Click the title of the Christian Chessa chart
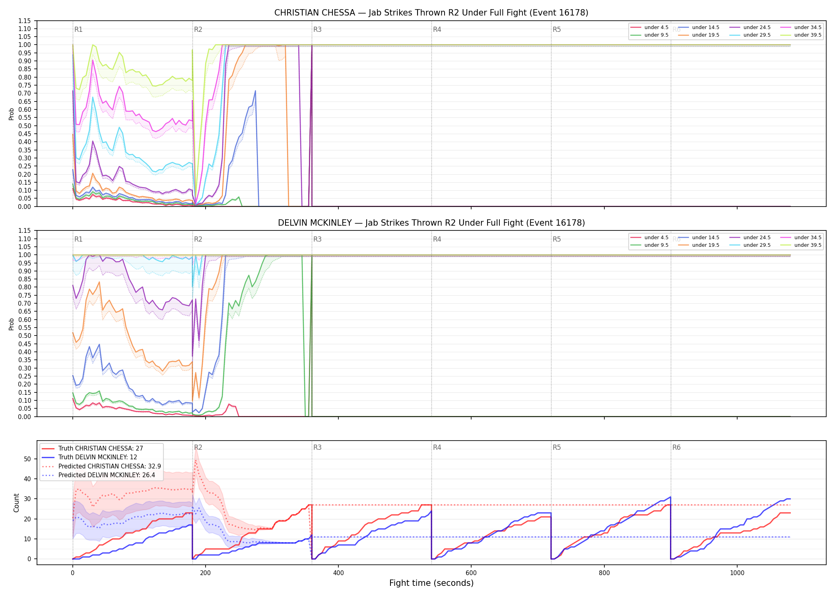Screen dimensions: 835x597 (x=431, y=13)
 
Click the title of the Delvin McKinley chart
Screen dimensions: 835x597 (x=431, y=223)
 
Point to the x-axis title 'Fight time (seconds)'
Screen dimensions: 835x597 (x=431, y=583)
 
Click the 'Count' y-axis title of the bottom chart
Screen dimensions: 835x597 (x=16, y=503)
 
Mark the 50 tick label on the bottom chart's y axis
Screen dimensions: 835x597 (x=27, y=459)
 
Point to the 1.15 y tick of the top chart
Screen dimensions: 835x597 (x=25, y=21)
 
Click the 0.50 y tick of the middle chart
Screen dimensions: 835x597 (x=25, y=336)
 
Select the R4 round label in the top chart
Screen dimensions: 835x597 (x=437, y=29)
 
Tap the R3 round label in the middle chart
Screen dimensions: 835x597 (x=317, y=239)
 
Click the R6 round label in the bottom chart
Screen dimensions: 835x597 (x=676, y=447)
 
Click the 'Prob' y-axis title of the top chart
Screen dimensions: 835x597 (x=12, y=114)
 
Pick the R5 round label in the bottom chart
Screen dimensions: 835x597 (x=557, y=447)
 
